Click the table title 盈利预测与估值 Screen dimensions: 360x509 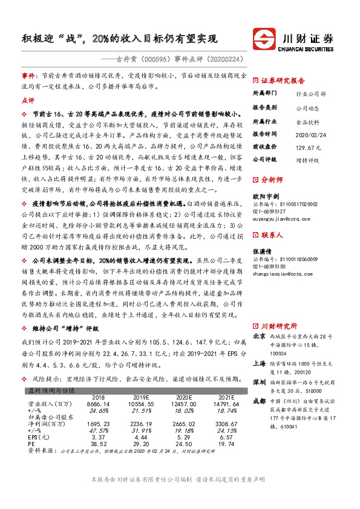[x=51, y=391]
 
